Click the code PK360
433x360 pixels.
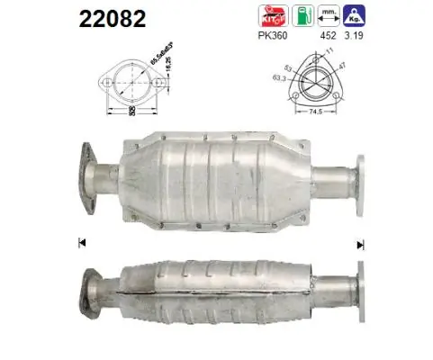coord(271,38)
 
